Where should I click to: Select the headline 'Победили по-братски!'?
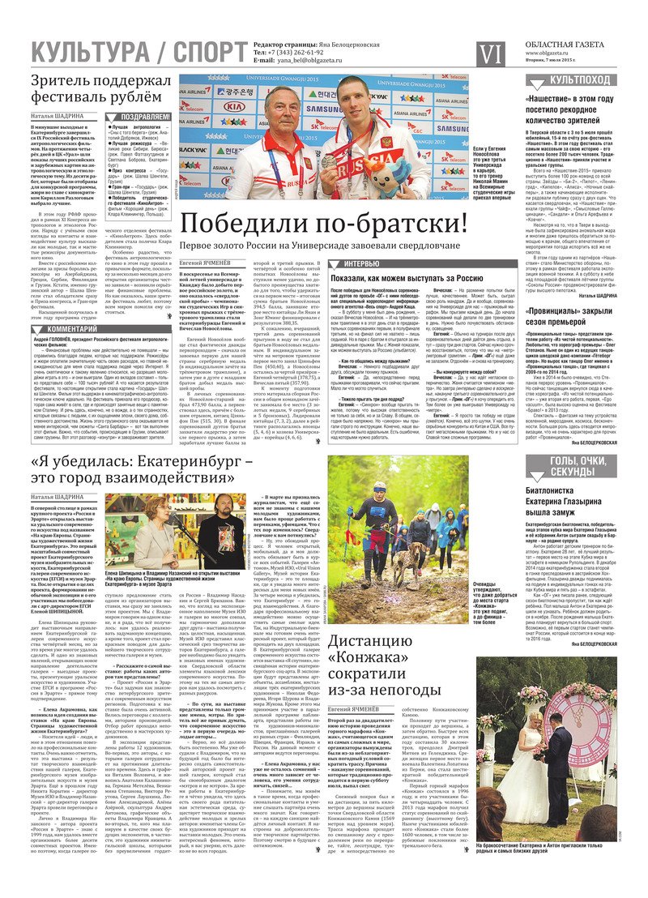click(x=323, y=223)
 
